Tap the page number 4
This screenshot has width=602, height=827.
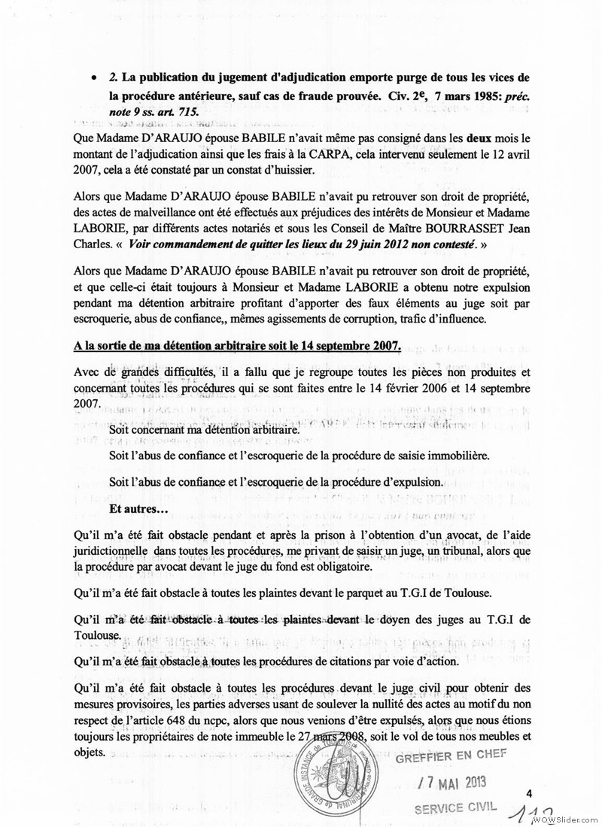tap(529, 793)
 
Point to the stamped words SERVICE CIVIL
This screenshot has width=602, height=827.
tap(456, 807)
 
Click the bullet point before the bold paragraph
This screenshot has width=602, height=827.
tap(92, 78)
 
